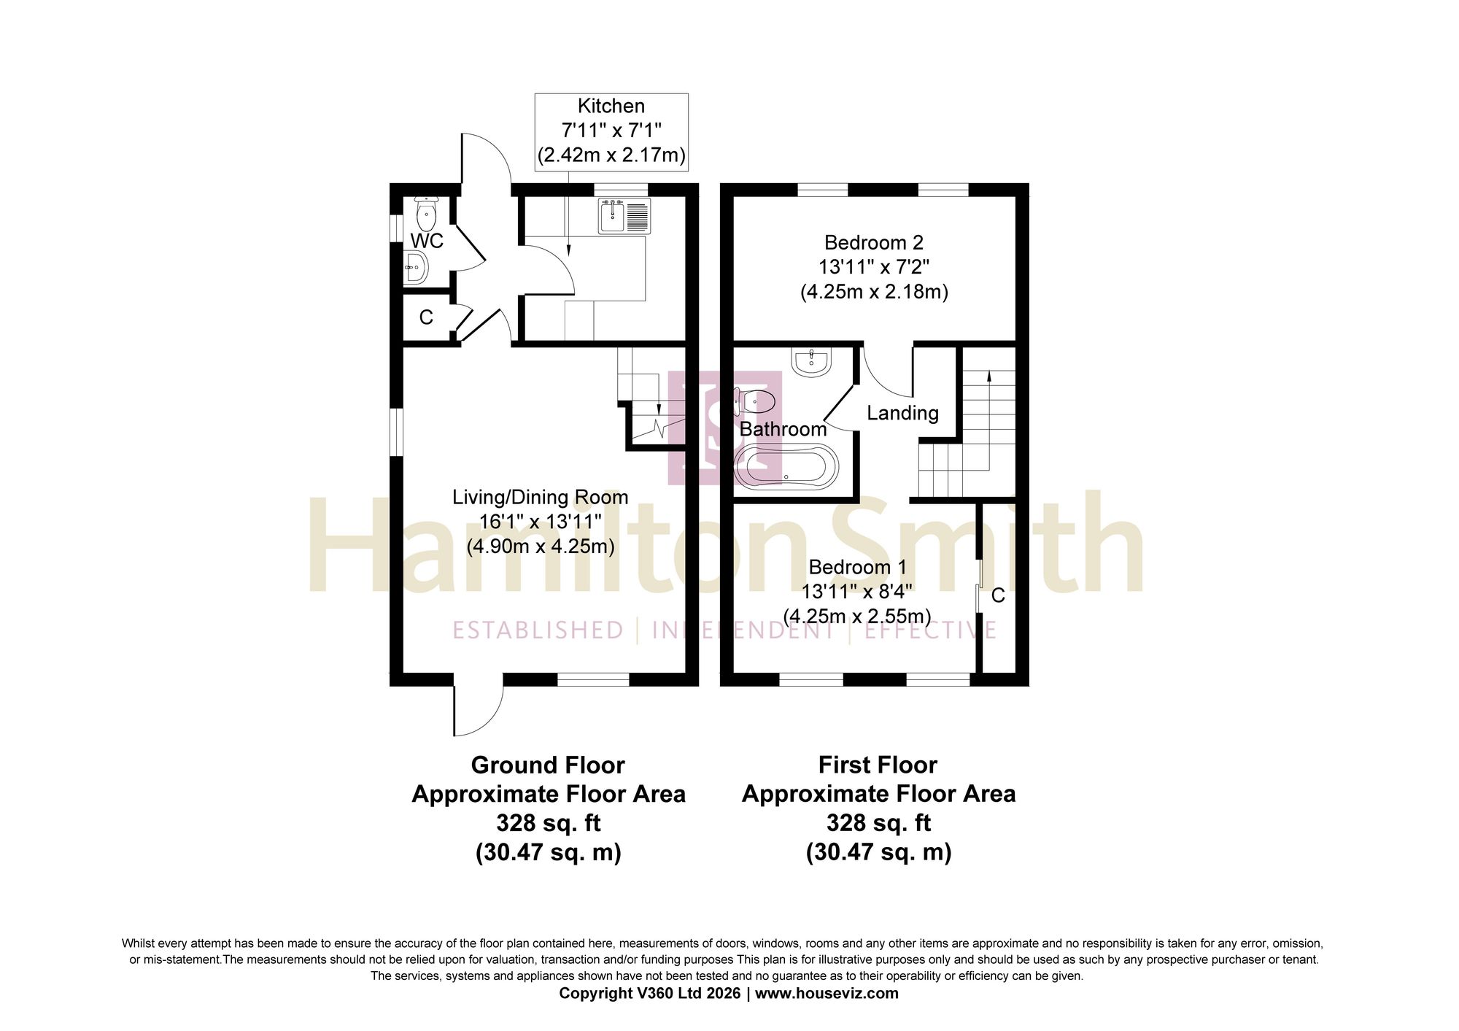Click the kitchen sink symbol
coord(624,216)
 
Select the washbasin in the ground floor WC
coord(416,268)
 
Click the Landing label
coord(902,413)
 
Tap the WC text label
coord(427,241)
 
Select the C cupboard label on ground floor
coord(426,317)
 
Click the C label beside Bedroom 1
coord(998,595)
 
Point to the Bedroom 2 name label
coord(874,242)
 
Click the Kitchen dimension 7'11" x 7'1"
coord(611,131)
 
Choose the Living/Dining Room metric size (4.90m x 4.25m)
coord(541,546)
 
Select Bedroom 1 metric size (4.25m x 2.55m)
coord(857,616)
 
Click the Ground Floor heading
coord(548,765)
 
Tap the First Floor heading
coord(878,765)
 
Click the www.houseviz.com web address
coord(827,993)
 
